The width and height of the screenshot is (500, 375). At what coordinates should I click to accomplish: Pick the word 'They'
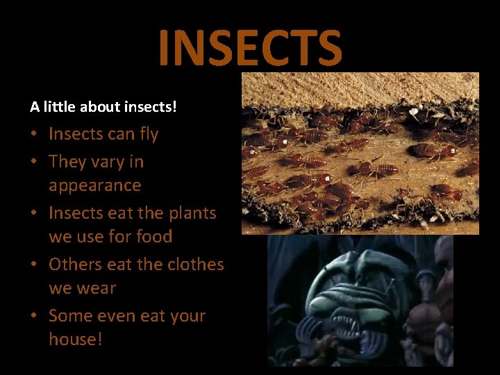(x=67, y=162)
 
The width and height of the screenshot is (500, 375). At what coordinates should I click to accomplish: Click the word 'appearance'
(x=94, y=185)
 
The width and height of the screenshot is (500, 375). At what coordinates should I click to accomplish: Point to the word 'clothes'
(x=194, y=265)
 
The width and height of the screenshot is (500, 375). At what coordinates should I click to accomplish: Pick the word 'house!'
(x=75, y=340)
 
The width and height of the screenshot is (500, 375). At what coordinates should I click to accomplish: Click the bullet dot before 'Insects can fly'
(x=35, y=135)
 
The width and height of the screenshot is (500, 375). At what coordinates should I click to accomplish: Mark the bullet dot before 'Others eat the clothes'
(x=35, y=265)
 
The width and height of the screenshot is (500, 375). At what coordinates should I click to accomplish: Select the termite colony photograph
(x=360, y=153)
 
